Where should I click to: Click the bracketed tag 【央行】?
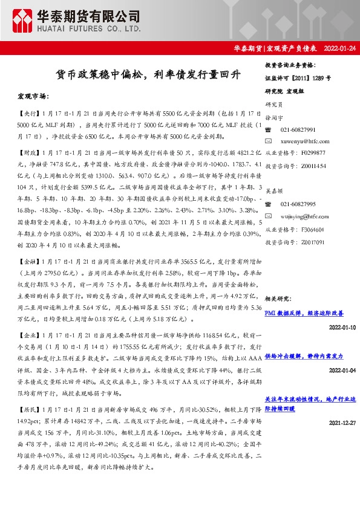[x=28, y=113]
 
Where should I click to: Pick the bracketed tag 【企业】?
[x=28, y=334]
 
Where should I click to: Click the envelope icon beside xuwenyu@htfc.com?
[x=269, y=140]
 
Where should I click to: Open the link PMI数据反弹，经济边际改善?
[x=304, y=313]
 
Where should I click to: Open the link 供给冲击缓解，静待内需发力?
[x=304, y=357]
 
